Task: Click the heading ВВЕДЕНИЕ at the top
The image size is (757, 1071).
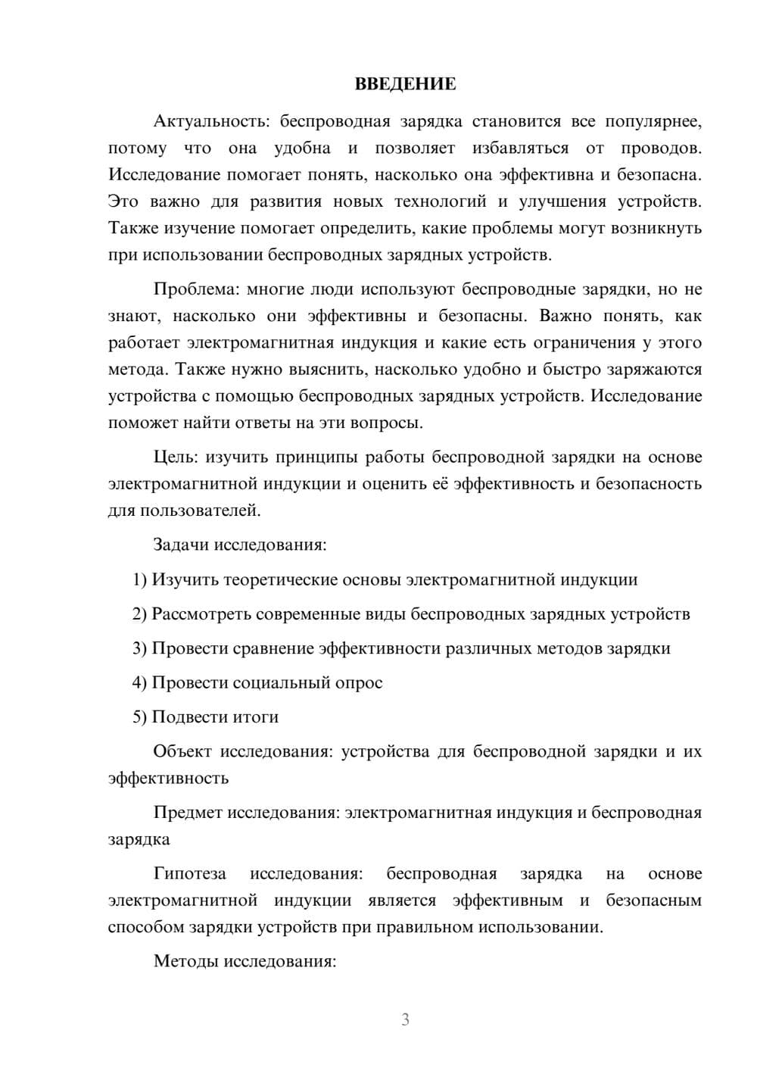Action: [x=405, y=84]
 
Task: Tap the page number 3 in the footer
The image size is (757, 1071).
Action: [x=405, y=1019]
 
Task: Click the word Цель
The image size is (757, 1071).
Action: [x=176, y=457]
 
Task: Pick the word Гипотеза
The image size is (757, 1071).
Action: [x=189, y=873]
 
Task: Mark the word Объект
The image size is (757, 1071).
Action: [x=182, y=751]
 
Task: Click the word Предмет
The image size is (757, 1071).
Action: [x=188, y=813]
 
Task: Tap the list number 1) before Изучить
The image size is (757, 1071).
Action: [x=139, y=580]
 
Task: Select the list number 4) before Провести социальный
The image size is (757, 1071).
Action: [x=139, y=682]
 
